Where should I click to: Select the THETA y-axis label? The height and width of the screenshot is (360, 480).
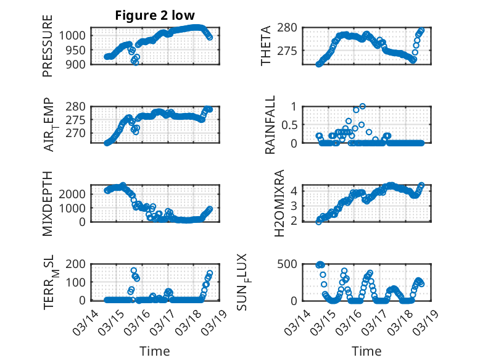(x=266, y=46)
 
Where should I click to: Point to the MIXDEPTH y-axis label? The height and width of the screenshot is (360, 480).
(x=48, y=203)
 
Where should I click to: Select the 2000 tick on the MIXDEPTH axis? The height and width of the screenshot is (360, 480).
(x=75, y=194)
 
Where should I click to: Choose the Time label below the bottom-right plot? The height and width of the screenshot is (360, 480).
(x=366, y=351)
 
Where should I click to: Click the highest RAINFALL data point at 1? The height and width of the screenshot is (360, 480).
(x=362, y=106)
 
